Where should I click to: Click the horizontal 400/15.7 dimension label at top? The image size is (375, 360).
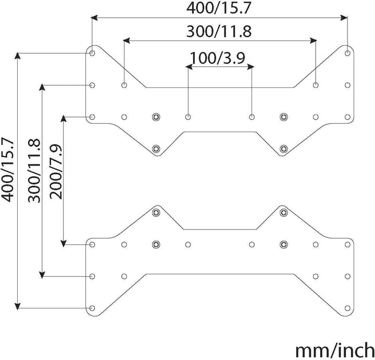click(218, 8)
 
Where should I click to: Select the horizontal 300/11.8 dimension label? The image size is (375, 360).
click(219, 31)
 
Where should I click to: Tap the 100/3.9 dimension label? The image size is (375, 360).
click(217, 58)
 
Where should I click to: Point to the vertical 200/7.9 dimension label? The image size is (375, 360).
click(56, 171)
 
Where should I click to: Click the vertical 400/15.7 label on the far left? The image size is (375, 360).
click(8, 170)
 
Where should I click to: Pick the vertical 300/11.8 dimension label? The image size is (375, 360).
click(34, 171)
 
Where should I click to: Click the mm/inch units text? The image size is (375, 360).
click(335, 350)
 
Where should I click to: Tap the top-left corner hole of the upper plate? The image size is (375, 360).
click(92, 53)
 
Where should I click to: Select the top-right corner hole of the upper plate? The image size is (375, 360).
click(347, 53)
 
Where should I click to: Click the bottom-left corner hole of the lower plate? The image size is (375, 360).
click(92, 308)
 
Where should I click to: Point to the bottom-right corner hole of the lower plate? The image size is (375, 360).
click(347, 308)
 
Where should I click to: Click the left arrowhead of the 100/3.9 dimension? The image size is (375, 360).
click(189, 67)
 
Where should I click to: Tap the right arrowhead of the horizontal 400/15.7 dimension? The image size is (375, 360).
click(344, 18)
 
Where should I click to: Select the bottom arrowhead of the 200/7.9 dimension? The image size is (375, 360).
click(64, 243)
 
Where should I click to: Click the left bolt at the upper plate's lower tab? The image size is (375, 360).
click(156, 149)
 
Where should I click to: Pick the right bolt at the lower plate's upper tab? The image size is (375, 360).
click(284, 212)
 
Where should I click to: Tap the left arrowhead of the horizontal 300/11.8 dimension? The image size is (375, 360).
click(127, 41)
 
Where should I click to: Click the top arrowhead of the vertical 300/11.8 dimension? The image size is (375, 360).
click(42, 88)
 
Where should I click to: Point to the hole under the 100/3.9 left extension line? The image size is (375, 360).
click(188, 117)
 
